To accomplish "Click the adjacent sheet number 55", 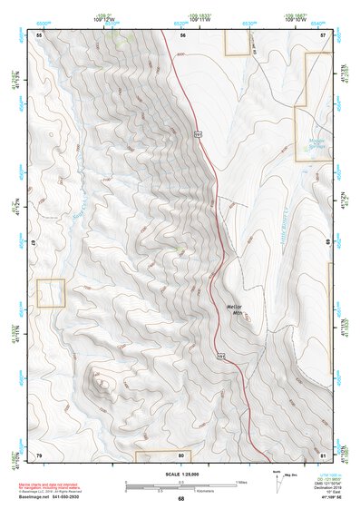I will tap(39, 34).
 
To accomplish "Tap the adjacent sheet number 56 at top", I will tap(182, 34).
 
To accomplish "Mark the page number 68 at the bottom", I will tap(180, 499).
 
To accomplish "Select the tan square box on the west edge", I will tap(51, 292).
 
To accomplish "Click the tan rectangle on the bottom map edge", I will tap(162, 455).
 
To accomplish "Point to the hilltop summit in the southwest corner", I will tap(102, 384).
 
